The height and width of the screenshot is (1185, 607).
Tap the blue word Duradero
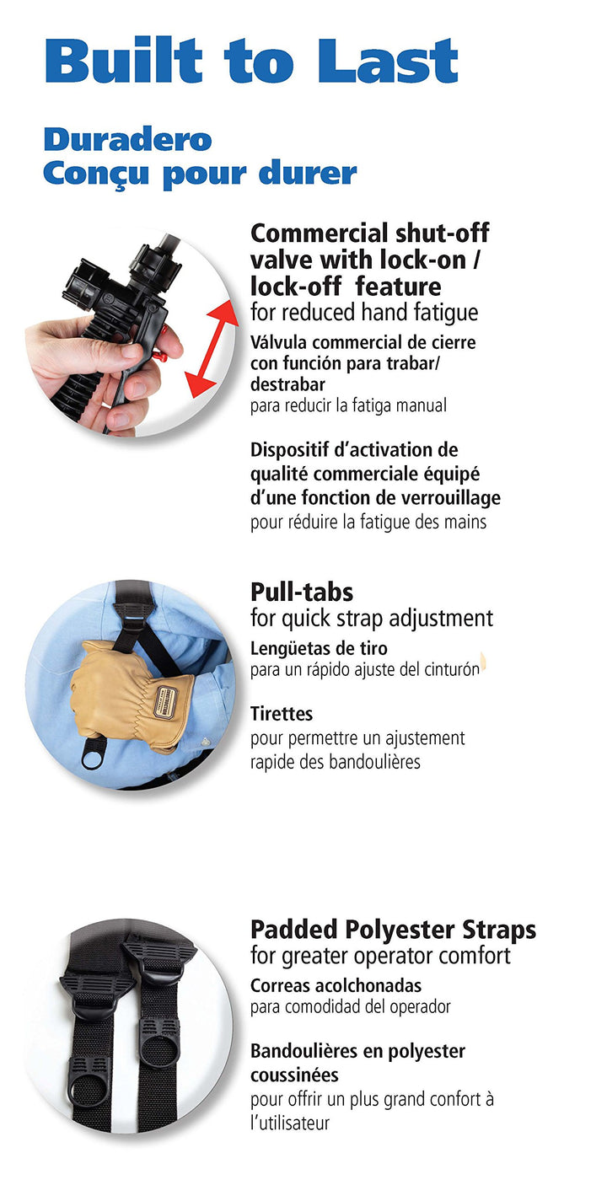coord(127,140)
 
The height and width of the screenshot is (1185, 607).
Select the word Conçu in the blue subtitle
coord(96,174)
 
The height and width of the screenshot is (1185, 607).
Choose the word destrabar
coord(287,384)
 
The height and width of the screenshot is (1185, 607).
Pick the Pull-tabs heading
coord(302,592)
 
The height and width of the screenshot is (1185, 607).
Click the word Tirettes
coord(282,714)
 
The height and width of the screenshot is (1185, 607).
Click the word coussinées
coord(295,1075)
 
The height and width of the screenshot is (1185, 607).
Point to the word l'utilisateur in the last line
coord(290,1123)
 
